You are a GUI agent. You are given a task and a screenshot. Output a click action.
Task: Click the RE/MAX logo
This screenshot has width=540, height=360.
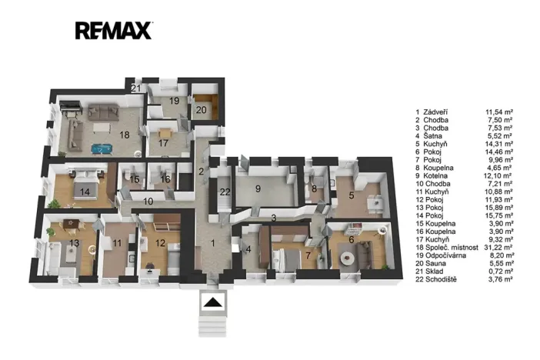(114, 31)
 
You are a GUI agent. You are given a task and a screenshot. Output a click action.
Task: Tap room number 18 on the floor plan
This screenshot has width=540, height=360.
(125, 135)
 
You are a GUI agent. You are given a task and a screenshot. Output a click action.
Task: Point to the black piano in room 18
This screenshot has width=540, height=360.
(71, 107)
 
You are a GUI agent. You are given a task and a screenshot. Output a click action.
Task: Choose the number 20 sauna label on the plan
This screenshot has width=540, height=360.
(202, 110)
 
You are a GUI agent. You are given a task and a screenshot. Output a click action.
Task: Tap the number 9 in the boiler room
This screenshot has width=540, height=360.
(258, 188)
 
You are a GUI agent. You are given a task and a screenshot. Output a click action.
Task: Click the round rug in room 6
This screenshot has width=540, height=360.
(347, 258)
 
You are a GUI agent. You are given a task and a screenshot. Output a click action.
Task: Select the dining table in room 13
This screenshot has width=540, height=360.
(72, 224)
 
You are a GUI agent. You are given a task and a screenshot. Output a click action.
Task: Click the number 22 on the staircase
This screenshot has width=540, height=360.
(225, 192)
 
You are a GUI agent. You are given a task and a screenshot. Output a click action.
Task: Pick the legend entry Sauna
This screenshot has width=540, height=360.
(435, 264)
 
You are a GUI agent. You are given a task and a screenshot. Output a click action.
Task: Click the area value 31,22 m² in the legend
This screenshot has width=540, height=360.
(500, 248)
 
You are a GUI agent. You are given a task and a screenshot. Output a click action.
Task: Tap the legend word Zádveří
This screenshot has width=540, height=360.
(435, 112)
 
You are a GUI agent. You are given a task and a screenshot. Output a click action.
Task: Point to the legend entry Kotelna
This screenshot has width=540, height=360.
(435, 175)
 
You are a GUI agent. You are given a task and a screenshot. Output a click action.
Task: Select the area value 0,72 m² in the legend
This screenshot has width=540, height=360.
(501, 272)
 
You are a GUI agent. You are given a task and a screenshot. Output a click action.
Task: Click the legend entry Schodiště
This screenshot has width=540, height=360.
(442, 279)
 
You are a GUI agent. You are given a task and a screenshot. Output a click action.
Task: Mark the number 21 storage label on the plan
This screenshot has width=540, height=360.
(136, 88)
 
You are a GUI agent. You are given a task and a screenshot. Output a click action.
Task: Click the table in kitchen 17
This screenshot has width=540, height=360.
(165, 132)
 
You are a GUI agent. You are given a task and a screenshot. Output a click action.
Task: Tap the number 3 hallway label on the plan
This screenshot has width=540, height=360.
(273, 218)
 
